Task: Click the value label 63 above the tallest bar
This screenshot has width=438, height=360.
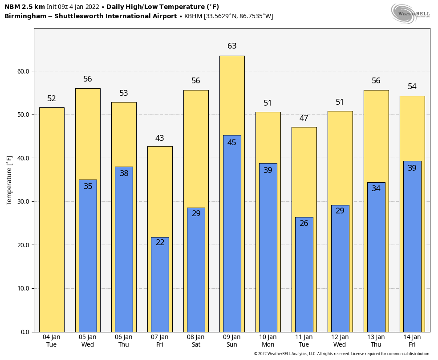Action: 232,46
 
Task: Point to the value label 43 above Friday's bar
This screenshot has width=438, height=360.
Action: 160,138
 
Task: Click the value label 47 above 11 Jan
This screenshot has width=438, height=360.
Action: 304,118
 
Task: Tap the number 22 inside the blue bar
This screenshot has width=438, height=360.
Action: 160,242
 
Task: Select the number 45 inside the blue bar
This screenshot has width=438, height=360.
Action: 232,143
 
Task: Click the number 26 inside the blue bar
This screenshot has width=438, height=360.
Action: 304,223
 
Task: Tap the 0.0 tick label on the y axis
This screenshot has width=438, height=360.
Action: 25,332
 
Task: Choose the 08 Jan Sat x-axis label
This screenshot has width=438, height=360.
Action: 196,340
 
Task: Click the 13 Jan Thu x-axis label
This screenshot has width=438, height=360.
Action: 376,340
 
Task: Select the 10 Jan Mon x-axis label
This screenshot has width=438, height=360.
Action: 268,340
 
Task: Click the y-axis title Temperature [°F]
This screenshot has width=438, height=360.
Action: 9,180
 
